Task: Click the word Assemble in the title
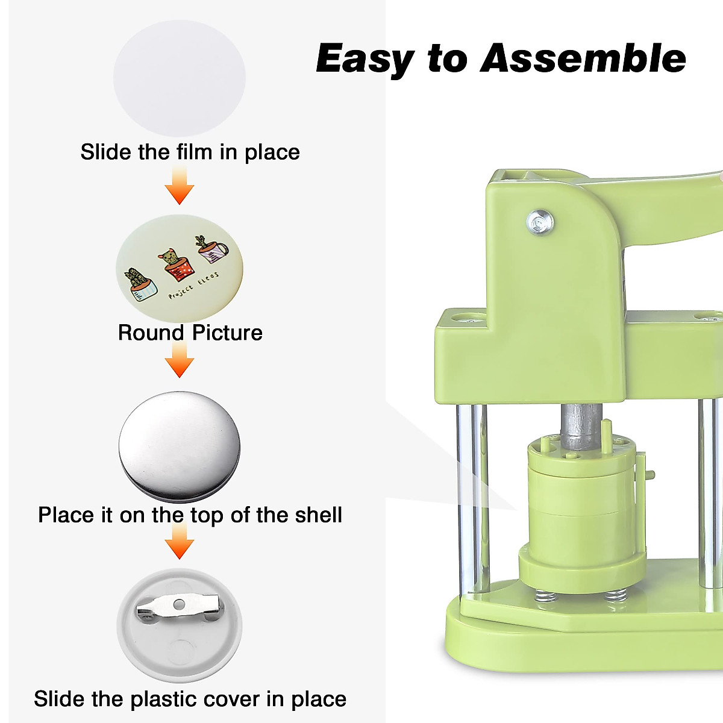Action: coord(583,58)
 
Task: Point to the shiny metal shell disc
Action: coord(180,446)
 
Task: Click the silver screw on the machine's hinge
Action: coord(540,221)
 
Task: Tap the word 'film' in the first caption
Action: coord(194,152)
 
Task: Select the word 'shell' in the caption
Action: coord(319,515)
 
